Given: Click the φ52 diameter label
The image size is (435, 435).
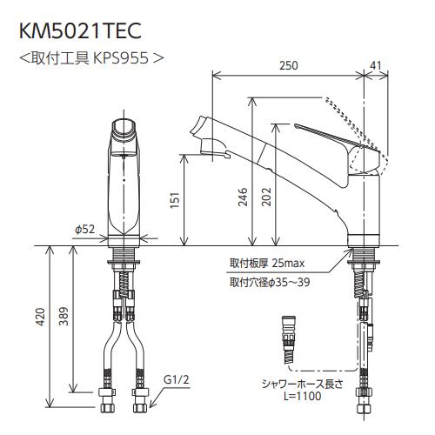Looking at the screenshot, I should coord(84,230).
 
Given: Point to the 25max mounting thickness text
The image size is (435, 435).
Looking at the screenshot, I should coord(286,263).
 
